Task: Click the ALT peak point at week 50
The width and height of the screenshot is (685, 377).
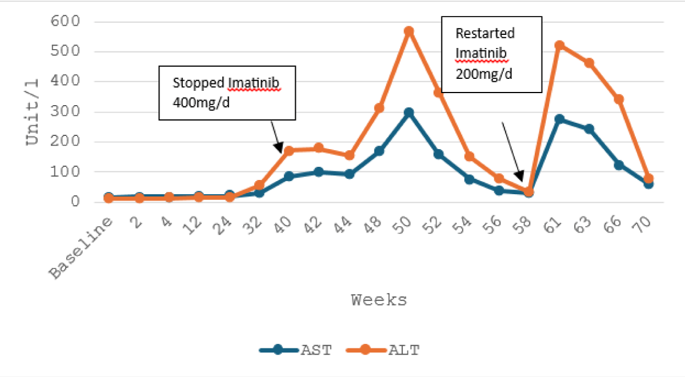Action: coord(409,31)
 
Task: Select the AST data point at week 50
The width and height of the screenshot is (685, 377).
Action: coord(409,113)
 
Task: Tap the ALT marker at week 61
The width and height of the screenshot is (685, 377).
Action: coord(559,45)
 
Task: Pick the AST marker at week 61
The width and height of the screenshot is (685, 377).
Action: coord(559,119)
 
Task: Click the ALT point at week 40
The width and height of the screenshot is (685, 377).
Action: coord(289,151)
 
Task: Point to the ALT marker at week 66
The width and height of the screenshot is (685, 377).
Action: coord(619,99)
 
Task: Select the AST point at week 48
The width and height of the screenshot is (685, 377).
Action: coord(378,151)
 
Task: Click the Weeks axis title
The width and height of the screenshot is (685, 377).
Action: coord(379,300)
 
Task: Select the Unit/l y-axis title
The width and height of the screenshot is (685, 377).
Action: coord(33,111)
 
